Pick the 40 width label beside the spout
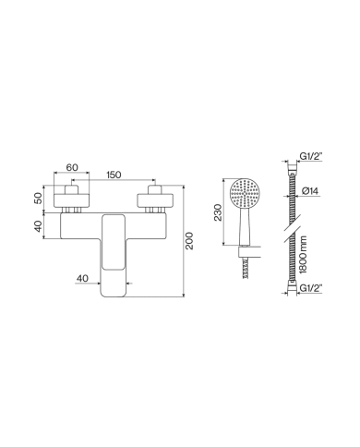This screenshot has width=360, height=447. [x=82, y=277]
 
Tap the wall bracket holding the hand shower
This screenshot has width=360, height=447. [x=243, y=251]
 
